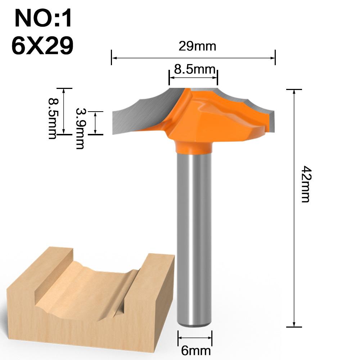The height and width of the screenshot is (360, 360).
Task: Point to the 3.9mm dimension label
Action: [80, 128]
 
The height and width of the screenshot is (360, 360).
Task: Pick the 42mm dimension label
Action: [305, 184]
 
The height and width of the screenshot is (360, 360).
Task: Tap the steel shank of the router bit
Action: [194, 234]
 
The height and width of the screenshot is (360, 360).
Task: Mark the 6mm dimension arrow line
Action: [195, 338]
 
